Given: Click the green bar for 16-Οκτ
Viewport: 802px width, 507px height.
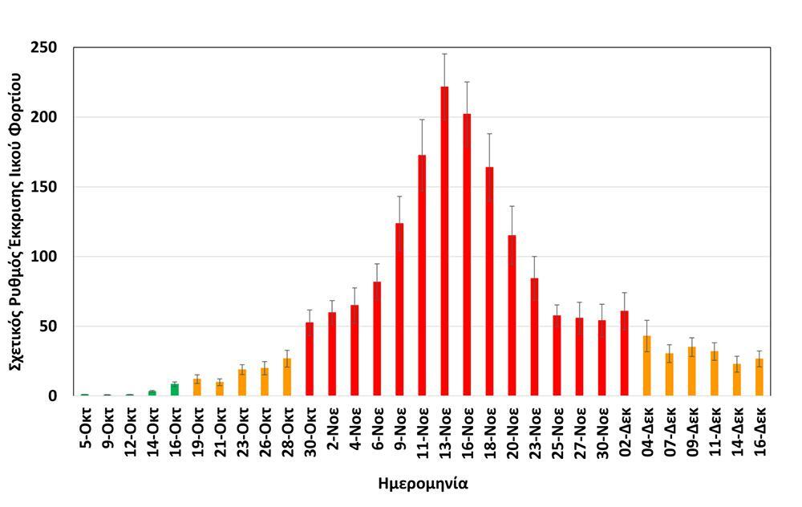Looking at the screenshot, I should coord(175,390).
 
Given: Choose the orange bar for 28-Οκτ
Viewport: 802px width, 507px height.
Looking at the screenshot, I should coord(287,377).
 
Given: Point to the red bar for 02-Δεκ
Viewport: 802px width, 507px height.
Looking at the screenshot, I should coord(624,353).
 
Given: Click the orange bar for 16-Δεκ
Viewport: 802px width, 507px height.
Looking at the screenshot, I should coord(759,377).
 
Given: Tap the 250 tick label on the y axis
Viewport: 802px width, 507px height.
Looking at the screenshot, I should coord(47,48).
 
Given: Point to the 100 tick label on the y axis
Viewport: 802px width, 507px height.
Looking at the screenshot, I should coord(47,257).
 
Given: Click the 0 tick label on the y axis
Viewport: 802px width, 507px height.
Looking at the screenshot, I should coord(52,396).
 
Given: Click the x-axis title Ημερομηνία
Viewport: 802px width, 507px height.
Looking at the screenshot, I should coord(423,485).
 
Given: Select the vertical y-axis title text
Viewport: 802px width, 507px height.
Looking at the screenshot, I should coord(16,221).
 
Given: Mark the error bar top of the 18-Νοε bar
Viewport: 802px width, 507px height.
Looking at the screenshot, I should coord(489,134).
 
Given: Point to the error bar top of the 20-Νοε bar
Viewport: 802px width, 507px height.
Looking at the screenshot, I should coord(512,207).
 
